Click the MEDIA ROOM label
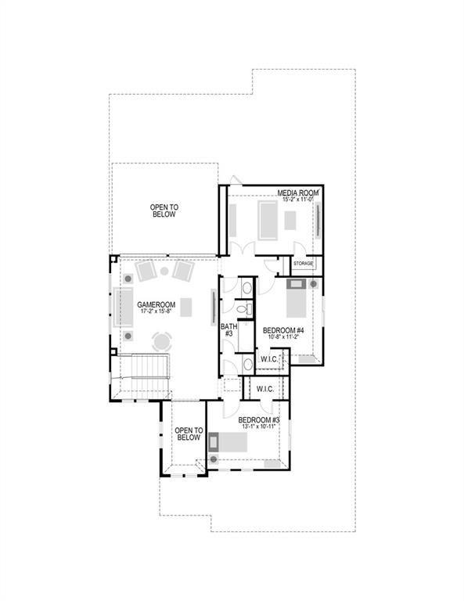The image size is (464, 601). click(x=297, y=193)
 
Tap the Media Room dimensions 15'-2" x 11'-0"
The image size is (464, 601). click(x=297, y=200)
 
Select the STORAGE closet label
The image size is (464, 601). click(x=303, y=264)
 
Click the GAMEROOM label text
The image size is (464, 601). click(x=154, y=304)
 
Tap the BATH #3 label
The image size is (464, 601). click(x=228, y=329)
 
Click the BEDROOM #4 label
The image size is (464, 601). click(x=283, y=330)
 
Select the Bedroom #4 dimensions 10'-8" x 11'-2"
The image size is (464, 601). click(x=283, y=338)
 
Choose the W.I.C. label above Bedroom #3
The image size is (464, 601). click(x=264, y=388)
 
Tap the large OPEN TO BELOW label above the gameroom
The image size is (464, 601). click(x=164, y=210)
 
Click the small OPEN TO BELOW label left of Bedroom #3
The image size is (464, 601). click(x=189, y=434)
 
